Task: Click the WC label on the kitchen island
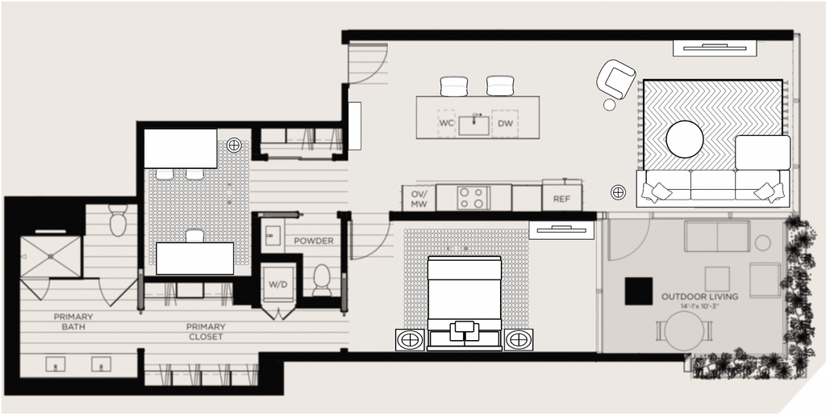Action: click(x=446, y=124)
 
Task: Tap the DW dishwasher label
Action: click(x=505, y=124)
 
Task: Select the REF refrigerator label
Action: click(x=561, y=200)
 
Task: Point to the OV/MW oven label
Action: click(x=419, y=198)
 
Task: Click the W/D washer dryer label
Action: click(x=278, y=284)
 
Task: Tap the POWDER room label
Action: click(x=314, y=241)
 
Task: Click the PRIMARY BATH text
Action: click(x=73, y=321)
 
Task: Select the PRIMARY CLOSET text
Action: click(x=206, y=332)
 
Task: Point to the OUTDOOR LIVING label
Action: click(x=699, y=296)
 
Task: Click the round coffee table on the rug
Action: click(x=684, y=139)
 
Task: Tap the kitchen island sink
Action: click(x=473, y=125)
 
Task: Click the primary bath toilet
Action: click(x=119, y=220)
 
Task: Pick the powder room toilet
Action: click(x=321, y=280)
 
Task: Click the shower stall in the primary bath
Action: click(x=51, y=257)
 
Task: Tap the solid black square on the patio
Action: click(x=639, y=291)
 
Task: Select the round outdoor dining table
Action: click(x=684, y=330)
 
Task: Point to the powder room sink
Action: click(x=273, y=234)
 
